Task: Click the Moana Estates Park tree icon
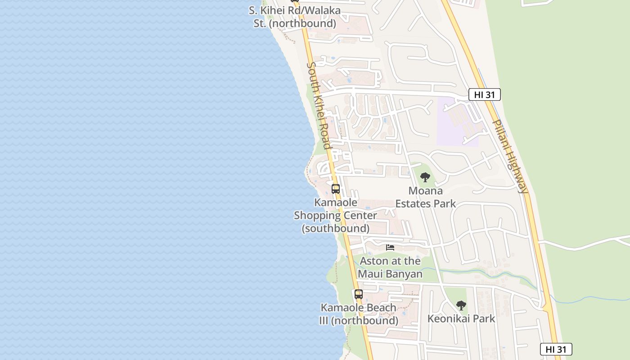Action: pos(425,177)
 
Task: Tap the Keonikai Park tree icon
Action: pos(461,306)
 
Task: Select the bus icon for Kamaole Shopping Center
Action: pos(336,189)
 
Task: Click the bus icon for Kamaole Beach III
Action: pos(358,294)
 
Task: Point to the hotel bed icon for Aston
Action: pos(390,247)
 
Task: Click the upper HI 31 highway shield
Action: pos(484,94)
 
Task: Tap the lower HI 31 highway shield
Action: pos(556,349)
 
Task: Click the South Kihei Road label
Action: pos(319,106)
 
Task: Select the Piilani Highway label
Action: pos(510,156)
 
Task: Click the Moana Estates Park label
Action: pos(425,197)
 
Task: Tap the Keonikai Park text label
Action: pos(461,319)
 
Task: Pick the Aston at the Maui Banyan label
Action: pos(390,267)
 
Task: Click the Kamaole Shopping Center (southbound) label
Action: pos(335,216)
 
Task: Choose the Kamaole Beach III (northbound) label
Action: pos(359,314)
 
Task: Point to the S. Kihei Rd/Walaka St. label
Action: pos(295,17)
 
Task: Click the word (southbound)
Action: pos(335,229)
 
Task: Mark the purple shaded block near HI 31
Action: pos(457,121)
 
